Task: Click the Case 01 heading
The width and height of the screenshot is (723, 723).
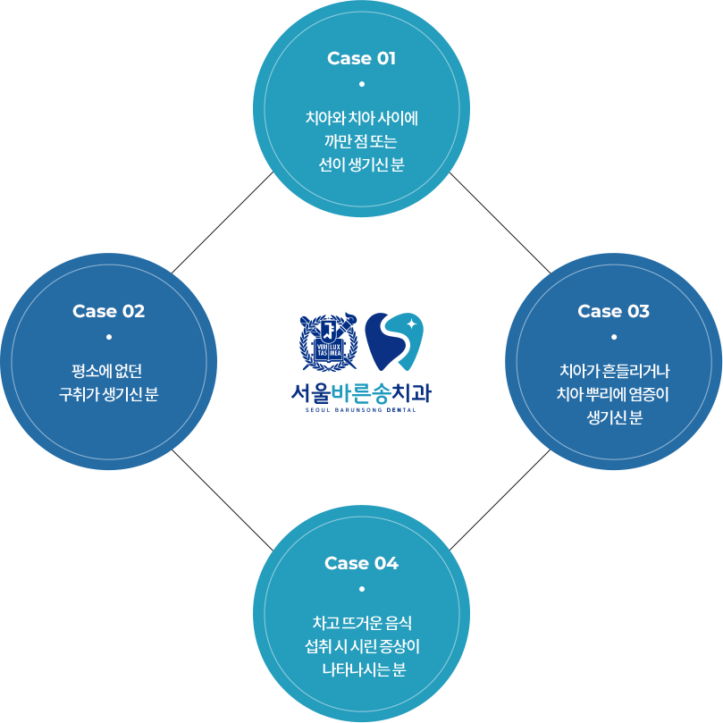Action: coord(361,59)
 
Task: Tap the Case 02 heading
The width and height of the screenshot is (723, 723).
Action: coord(108,311)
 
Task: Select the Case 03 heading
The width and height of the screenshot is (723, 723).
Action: coord(613,311)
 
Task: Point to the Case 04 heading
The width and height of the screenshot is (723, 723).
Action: coord(361,563)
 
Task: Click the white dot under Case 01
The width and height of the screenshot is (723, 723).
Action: coord(361,84)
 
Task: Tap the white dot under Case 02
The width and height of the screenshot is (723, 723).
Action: coord(108,337)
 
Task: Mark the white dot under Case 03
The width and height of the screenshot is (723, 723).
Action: coord(613,337)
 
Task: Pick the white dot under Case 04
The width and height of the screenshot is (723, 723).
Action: coord(361,589)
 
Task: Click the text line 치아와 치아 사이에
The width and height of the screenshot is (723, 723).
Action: coord(361,117)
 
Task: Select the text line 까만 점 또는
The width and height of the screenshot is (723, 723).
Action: coord(361,141)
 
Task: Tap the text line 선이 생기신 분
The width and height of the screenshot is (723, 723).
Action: coord(361,164)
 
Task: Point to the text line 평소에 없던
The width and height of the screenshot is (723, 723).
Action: coord(108,370)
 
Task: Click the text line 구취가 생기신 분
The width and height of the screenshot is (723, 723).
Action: coord(108,394)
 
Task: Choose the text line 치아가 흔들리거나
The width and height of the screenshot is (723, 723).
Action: coord(613,370)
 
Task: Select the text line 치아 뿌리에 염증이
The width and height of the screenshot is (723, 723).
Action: coord(613,394)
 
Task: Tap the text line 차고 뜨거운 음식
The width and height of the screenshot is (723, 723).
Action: coord(361,622)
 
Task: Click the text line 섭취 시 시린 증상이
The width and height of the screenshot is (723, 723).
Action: coord(361,646)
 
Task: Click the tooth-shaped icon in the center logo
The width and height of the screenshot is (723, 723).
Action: coord(393,342)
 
